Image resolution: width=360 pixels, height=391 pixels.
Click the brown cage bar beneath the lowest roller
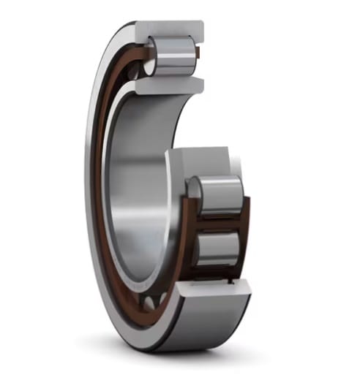[x=220, y=274]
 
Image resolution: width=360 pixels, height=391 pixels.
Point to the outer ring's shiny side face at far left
[x=90, y=183]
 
